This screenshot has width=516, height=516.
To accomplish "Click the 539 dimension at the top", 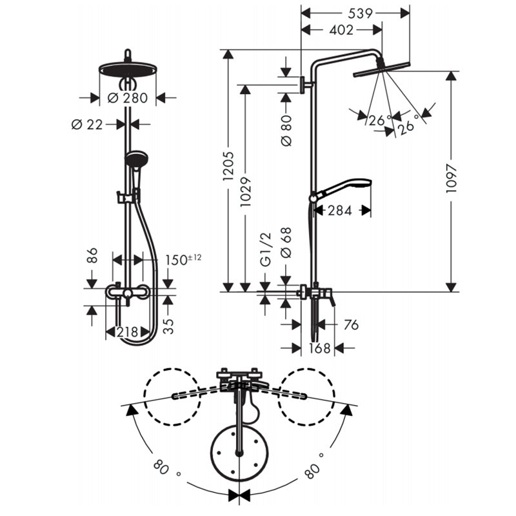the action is point(361,14).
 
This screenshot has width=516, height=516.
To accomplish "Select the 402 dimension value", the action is point(341,30).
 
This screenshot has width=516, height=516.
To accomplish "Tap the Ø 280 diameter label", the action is point(128,98).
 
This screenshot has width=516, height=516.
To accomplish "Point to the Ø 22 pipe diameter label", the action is point(87,124).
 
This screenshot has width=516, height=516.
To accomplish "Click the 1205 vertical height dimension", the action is point(228,166).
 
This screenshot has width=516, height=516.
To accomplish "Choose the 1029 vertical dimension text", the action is point(246,192).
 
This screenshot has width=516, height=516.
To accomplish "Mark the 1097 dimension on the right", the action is point(451,179).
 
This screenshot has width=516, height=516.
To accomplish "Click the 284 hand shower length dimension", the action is point(340,211).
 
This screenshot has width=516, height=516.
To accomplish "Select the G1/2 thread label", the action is point(266,249).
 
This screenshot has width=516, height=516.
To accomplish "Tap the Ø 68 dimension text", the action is point(286,243).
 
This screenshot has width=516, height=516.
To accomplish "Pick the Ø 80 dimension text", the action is point(286,130).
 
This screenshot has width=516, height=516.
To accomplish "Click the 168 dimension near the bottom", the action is point(320,348).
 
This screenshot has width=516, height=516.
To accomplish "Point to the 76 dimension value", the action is point(351,325).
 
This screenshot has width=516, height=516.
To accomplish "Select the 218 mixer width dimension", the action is point(128,332).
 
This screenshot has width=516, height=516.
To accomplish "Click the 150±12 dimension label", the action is point(183,260).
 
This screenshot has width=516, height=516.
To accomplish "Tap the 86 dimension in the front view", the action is point(92,255).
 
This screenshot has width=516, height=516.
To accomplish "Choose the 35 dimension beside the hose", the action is point(168,326).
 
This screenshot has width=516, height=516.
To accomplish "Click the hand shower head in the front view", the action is point(136,159).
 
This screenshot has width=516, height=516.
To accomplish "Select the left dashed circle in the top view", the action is point(172,397).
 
